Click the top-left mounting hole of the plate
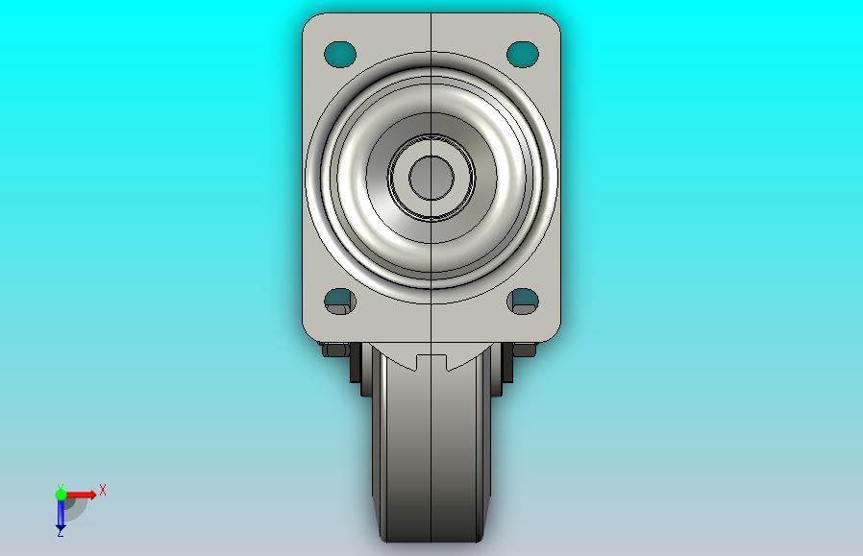tap(340, 54)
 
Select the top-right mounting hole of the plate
tap(522, 54)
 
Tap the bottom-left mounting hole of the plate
tap(340, 302)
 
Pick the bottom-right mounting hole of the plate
tap(522, 302)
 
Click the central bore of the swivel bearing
tap(431, 178)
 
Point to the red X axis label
tap(103, 490)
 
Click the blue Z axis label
tap(60, 532)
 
